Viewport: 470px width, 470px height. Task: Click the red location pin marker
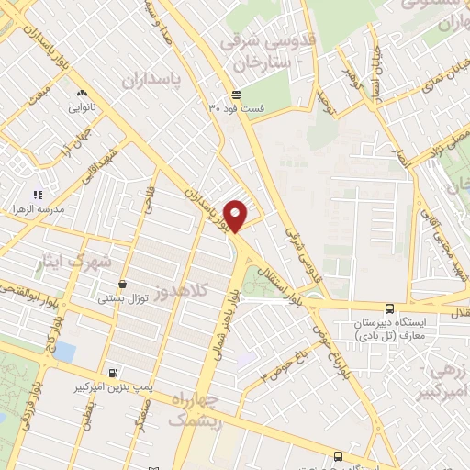click(x=235, y=215)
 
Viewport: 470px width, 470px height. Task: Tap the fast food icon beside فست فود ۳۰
click(x=236, y=95)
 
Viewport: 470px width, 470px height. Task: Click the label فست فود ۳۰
click(x=236, y=108)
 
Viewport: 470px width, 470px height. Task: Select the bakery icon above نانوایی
click(x=82, y=93)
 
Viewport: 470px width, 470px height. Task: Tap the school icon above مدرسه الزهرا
click(x=38, y=195)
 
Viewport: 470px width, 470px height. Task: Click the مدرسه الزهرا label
click(x=37, y=209)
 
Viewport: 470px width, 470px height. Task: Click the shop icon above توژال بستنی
click(x=124, y=285)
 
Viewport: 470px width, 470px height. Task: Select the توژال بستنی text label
click(x=124, y=298)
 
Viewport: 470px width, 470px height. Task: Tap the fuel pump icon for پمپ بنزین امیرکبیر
click(x=113, y=374)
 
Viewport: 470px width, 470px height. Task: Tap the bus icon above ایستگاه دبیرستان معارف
click(x=390, y=308)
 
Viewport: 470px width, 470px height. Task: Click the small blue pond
click(x=66, y=351)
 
